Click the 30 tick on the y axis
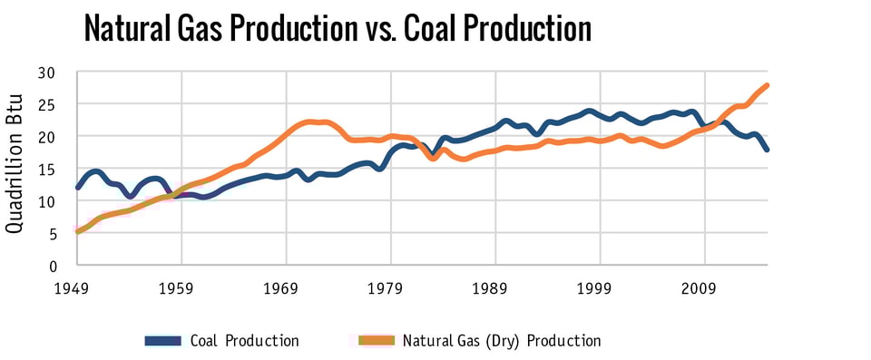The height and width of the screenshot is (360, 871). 47,73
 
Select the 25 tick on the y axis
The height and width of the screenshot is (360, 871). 47,104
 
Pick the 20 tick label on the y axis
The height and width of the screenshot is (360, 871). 47,137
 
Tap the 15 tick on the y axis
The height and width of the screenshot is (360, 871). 47,169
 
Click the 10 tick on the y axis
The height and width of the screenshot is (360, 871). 47,201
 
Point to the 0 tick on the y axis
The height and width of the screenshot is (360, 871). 53,266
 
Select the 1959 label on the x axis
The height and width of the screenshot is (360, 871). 181,287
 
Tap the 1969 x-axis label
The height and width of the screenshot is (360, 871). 286,287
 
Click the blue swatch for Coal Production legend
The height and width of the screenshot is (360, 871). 163,341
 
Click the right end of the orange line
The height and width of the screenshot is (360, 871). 768,85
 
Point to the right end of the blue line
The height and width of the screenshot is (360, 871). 768,150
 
